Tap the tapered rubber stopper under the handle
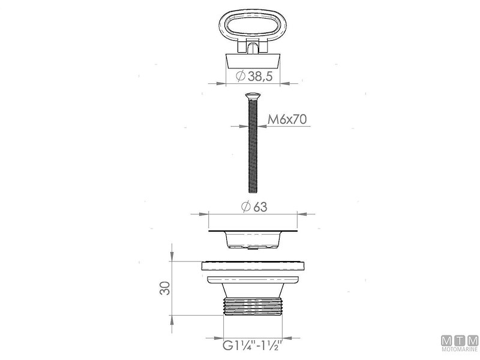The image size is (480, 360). coord(253,61)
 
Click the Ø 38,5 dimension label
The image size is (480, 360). coord(254,76)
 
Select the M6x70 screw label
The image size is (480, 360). coord(287,119)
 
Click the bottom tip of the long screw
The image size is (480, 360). coord(253,192)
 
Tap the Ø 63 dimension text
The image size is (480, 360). coord(254,207)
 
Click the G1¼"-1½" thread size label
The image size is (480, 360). coord(252,346)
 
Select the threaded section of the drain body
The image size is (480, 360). coord(253,307)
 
